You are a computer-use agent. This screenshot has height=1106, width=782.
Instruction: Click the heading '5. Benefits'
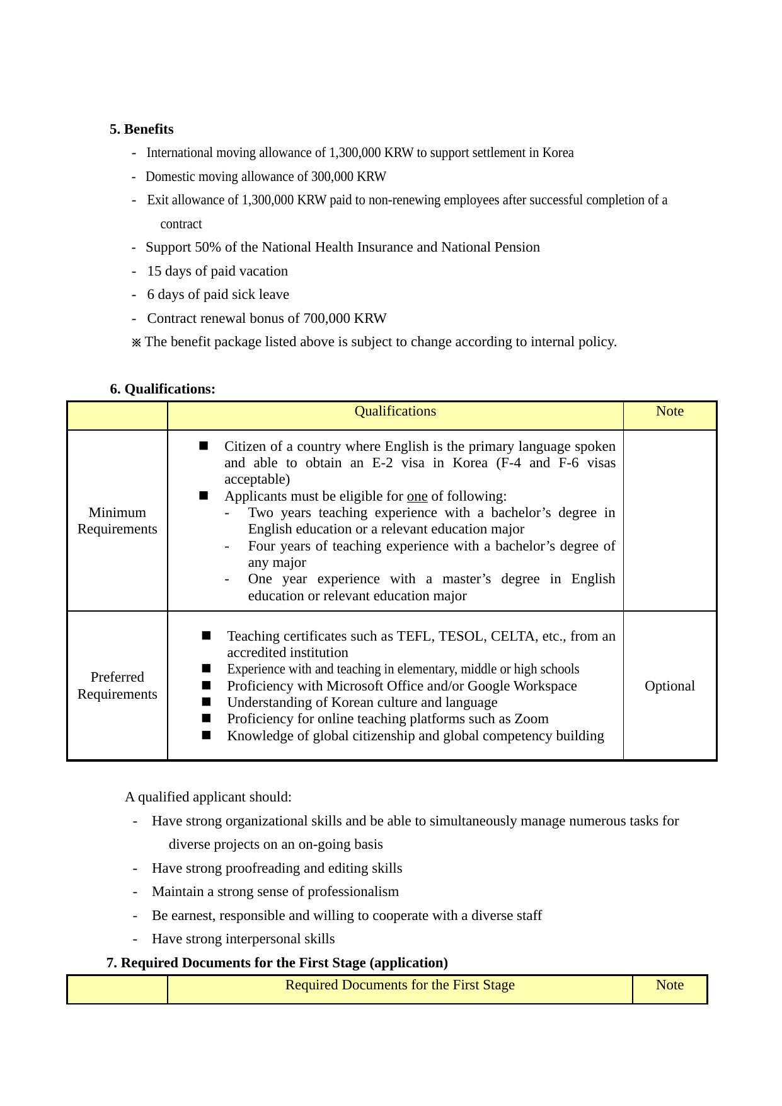click(141, 129)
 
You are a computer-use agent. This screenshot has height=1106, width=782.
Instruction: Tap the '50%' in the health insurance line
click(208, 247)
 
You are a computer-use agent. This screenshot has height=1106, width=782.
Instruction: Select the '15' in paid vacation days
click(154, 271)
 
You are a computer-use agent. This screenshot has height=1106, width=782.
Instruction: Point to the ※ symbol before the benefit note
click(136, 342)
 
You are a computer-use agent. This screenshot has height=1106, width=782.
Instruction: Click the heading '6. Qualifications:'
click(163, 389)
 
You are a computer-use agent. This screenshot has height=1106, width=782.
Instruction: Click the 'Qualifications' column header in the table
click(395, 411)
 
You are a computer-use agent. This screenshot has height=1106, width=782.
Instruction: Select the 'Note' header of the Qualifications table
click(669, 411)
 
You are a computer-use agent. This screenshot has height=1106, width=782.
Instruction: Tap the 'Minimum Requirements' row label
click(117, 521)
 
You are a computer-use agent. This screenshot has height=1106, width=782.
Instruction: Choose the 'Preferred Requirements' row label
click(117, 685)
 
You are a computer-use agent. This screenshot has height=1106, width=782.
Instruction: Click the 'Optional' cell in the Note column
click(669, 686)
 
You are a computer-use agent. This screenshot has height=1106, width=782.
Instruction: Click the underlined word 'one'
click(417, 496)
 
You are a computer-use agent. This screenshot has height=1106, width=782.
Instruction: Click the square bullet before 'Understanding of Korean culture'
click(206, 702)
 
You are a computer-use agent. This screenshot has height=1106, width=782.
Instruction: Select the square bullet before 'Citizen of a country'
click(204, 446)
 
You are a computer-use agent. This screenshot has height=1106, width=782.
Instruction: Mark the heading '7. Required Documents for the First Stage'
click(277, 963)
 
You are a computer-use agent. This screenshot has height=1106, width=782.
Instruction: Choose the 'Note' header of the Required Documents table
click(669, 985)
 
